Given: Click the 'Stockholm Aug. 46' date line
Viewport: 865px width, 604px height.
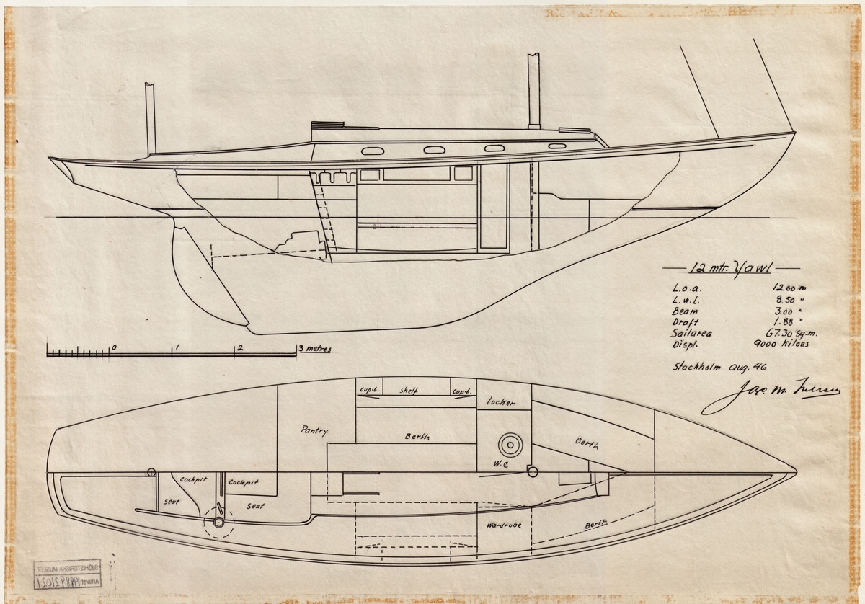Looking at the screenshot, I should (x=710, y=365).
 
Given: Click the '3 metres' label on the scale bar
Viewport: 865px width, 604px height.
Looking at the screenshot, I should (x=314, y=349).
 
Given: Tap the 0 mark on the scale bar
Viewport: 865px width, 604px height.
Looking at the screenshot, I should (x=114, y=347).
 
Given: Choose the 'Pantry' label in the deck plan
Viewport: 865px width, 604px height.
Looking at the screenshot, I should (x=314, y=431).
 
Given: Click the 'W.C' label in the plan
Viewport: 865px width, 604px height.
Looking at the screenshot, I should (x=502, y=464).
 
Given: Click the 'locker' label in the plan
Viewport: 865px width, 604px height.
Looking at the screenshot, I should (x=502, y=402).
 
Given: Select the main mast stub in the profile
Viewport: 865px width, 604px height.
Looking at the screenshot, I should (x=534, y=90).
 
